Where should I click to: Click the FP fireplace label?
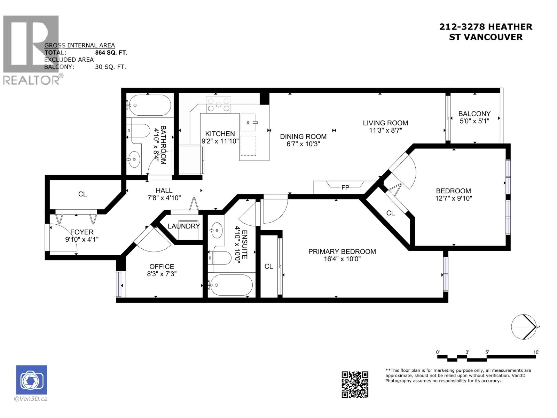(345, 187)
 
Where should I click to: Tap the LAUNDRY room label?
(183, 226)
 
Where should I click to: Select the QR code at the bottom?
(354, 384)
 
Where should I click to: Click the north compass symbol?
(524, 327)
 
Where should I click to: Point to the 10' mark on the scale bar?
(536, 352)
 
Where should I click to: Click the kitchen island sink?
(249, 123)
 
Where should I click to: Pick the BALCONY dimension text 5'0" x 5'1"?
(474, 121)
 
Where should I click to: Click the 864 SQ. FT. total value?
(111, 53)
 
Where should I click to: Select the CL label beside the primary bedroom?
(268, 266)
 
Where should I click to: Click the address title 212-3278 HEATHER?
(485, 26)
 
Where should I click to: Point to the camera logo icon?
(31, 380)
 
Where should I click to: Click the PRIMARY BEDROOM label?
(342, 251)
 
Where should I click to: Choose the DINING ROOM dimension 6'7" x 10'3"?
(303, 144)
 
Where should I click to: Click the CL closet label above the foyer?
(83, 194)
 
